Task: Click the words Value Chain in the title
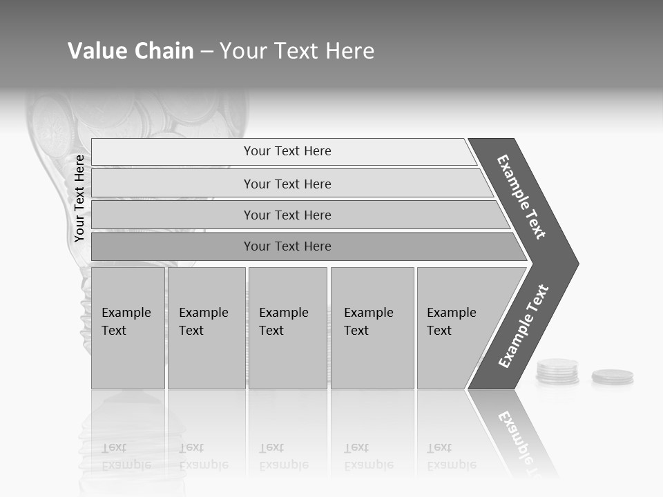pos(131,51)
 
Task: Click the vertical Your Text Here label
pos(79,198)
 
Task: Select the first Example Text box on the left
pos(128,328)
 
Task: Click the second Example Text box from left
pos(206,328)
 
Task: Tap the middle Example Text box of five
pos(287,328)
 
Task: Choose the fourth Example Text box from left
pos(372,328)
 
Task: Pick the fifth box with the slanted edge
pos(456,328)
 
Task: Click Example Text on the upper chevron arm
pos(521,197)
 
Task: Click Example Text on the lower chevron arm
pos(523,327)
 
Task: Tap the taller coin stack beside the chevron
pos(557,371)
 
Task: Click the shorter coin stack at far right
pos(612,377)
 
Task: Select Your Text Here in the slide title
pos(297,51)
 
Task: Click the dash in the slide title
pos(206,52)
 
